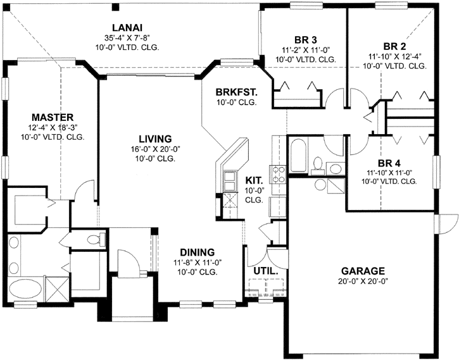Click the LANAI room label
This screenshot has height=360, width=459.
click(x=127, y=28)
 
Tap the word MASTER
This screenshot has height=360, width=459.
click(x=53, y=117)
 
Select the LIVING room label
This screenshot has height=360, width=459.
click(x=155, y=139)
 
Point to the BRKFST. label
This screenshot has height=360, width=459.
click(x=236, y=92)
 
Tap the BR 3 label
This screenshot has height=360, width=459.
click(x=305, y=37)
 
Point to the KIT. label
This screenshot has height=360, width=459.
click(x=254, y=180)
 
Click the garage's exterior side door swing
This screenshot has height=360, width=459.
click(x=448, y=223)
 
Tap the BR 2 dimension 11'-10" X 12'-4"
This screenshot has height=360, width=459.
click(x=394, y=56)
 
